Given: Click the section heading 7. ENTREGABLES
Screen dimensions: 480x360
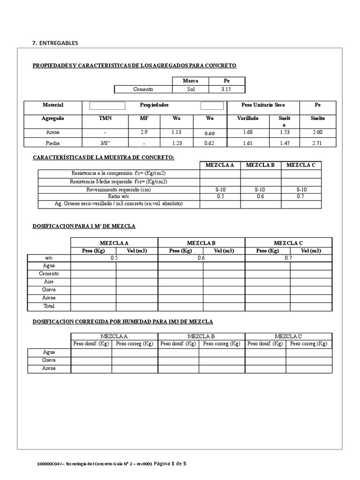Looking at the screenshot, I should point(55,43).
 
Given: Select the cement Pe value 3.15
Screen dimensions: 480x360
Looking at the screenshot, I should point(227,89).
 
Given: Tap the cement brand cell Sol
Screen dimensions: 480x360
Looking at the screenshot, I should point(191,89).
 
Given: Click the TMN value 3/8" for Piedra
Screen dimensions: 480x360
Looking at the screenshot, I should point(105,143).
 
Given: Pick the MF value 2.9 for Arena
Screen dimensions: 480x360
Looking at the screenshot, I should point(144,132).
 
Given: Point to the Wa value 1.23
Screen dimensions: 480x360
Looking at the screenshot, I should point(176,143).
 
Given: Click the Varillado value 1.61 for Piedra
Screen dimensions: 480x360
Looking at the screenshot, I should point(248,143).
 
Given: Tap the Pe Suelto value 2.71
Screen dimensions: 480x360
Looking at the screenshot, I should point(317,143).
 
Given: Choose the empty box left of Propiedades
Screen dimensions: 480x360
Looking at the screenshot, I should point(107,105).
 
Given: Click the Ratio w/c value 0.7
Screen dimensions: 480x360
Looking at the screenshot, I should point(301,196).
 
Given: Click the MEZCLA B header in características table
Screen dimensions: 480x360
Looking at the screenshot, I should point(261,165).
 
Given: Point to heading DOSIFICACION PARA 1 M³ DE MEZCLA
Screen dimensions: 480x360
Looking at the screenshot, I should point(84,226).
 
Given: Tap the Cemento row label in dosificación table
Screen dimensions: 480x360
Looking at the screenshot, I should point(49,273).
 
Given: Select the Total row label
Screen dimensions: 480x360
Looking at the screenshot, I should point(49,306).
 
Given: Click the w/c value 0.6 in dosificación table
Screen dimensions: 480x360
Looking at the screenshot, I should point(201,258).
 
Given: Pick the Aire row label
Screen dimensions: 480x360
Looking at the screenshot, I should point(49,282).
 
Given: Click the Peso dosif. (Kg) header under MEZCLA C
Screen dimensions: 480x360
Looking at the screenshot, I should point(265,344).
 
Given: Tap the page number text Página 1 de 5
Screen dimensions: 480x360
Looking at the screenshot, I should point(166,464).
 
